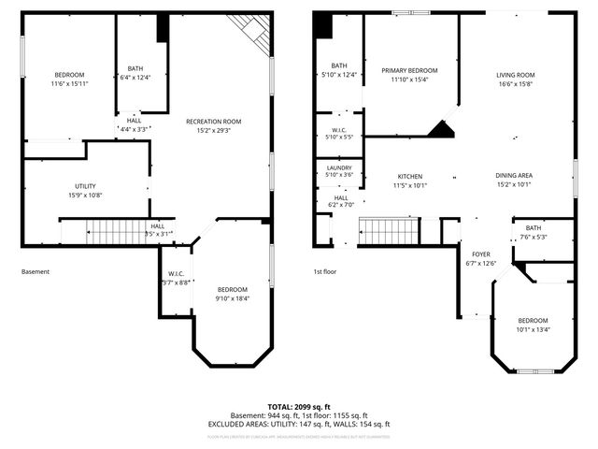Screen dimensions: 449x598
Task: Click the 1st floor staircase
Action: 386,230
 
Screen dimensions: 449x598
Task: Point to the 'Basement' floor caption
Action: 36,272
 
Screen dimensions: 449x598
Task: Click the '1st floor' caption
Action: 324,272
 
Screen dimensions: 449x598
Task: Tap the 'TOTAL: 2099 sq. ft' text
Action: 299,406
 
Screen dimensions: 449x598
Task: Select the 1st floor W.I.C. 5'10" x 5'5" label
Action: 338,133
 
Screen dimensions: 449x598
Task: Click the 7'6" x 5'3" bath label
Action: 533,232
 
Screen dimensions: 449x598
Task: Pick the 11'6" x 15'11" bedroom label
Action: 68,80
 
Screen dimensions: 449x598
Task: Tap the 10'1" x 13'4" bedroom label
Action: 533,325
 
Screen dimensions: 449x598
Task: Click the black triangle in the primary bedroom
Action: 440,129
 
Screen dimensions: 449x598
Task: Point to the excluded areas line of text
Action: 299,424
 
